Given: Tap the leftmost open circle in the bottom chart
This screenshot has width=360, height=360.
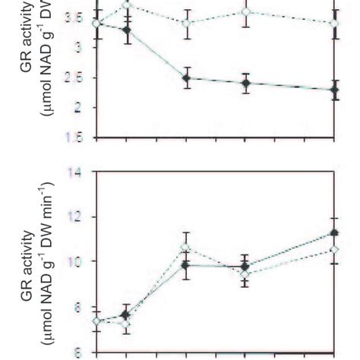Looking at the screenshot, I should [x=96, y=321].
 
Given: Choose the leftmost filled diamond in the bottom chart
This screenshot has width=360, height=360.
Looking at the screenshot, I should [x=126, y=314].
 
